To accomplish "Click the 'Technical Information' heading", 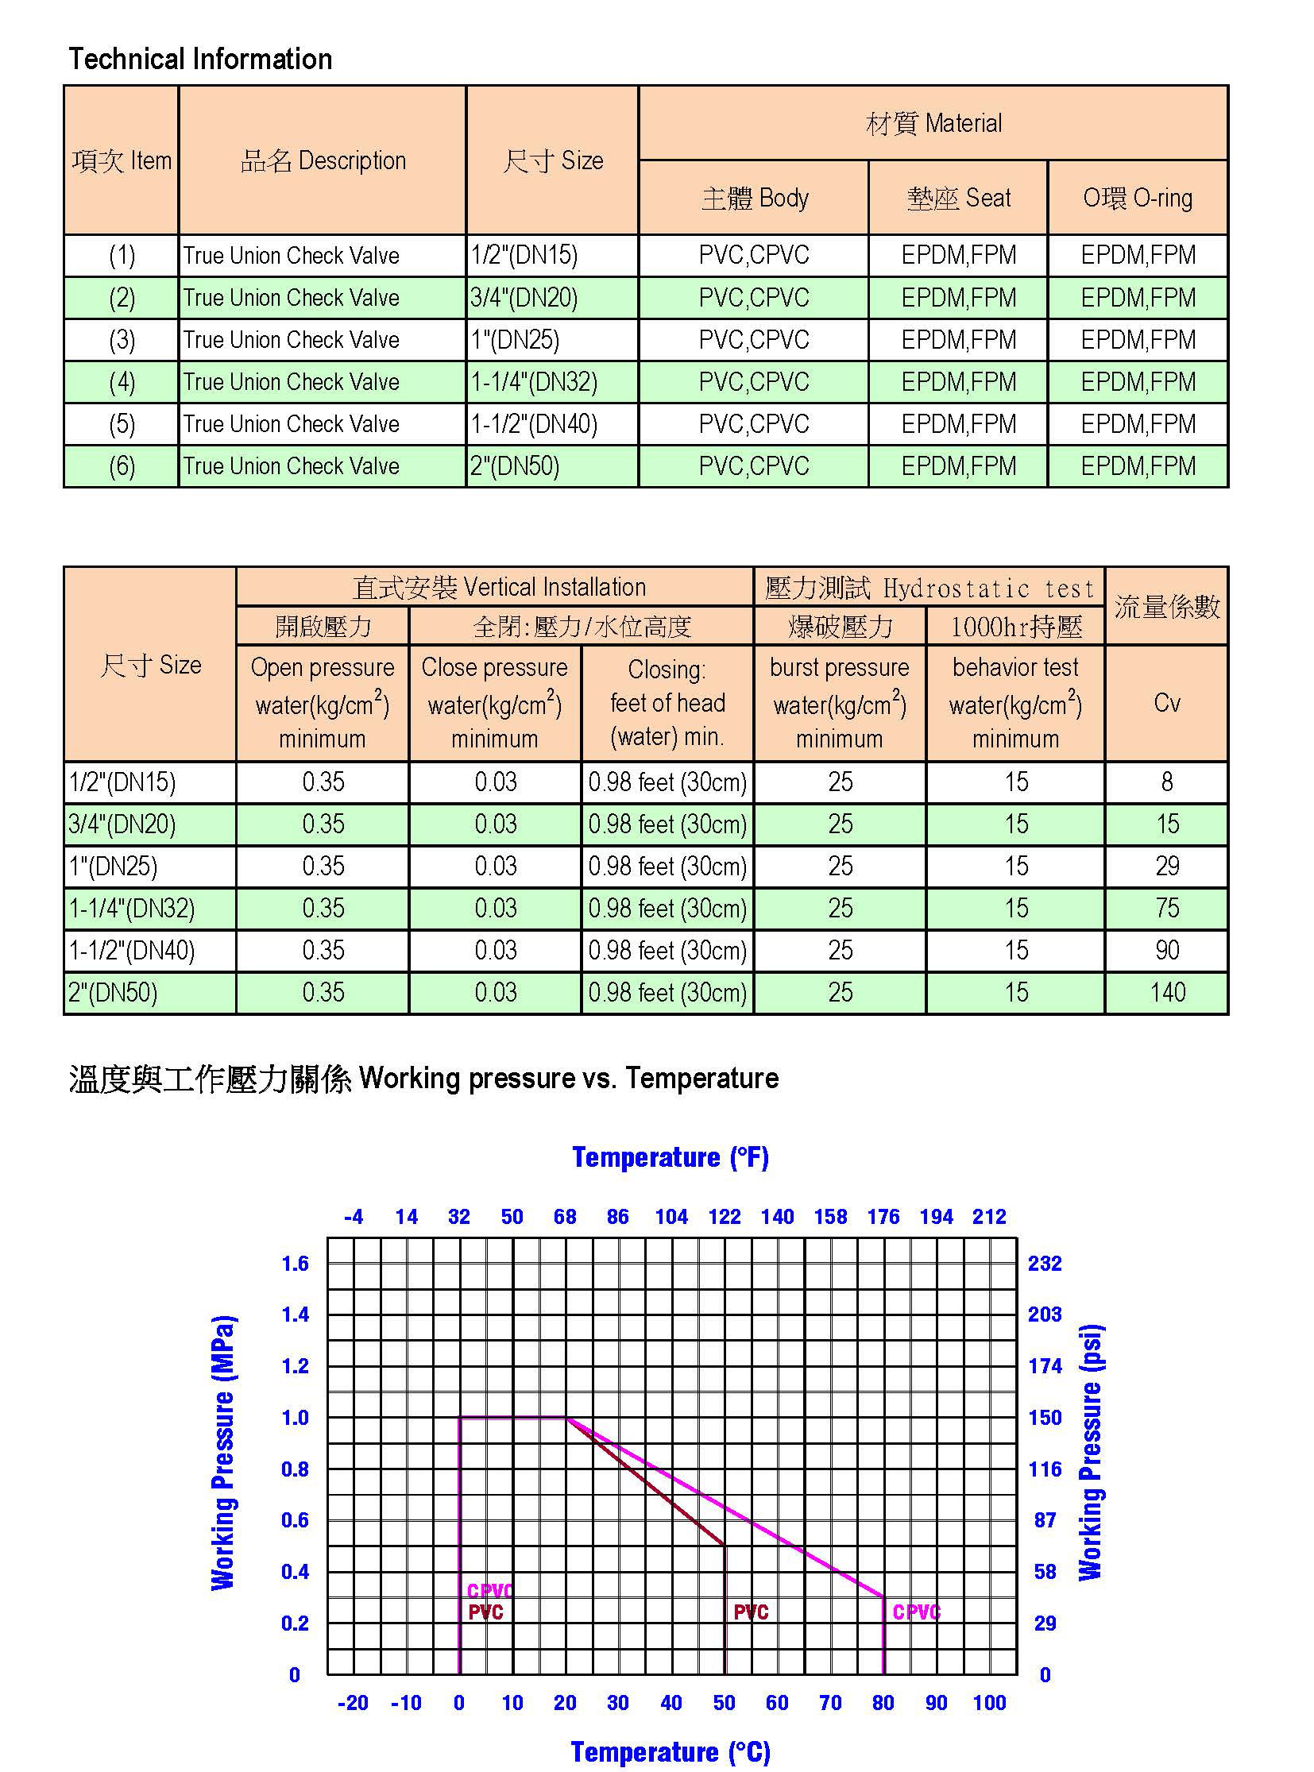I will pyautogui.click(x=199, y=59).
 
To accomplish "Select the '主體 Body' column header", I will pyautogui.click(x=754, y=198).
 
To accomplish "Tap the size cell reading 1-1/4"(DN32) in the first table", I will pyautogui.click(x=534, y=382).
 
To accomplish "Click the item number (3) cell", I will pyautogui.click(x=122, y=340).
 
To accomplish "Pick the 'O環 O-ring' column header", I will pyautogui.click(x=1138, y=198).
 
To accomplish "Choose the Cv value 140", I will pyautogui.click(x=1167, y=992).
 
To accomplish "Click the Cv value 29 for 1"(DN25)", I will pyautogui.click(x=1167, y=865).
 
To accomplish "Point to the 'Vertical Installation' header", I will pyautogui.click(x=499, y=587).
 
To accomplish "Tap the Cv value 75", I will pyautogui.click(x=1167, y=908).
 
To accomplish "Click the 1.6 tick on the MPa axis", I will pyautogui.click(x=295, y=1263).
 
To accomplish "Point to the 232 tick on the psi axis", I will pyautogui.click(x=1045, y=1263).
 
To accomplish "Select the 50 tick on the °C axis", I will pyautogui.click(x=724, y=1702).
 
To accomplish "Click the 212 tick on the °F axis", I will pyautogui.click(x=989, y=1216).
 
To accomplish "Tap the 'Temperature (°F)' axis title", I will pyautogui.click(x=671, y=1157).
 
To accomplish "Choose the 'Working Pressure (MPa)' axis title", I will pyautogui.click(x=223, y=1452).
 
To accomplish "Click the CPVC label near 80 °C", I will pyautogui.click(x=916, y=1612).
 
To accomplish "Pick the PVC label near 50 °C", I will pyautogui.click(x=751, y=1612).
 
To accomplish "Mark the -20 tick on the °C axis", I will pyautogui.click(x=354, y=1702).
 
